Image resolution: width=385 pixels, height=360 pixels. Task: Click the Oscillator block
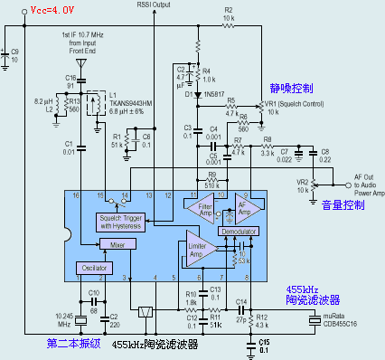click(x=94, y=268)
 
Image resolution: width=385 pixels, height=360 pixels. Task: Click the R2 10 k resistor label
click(x=228, y=14)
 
